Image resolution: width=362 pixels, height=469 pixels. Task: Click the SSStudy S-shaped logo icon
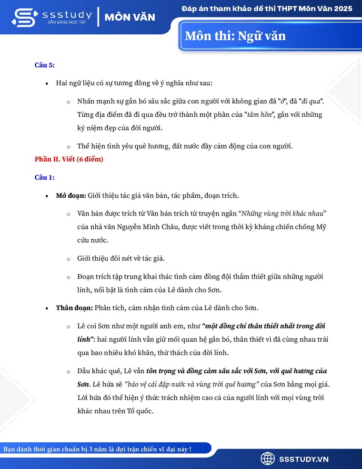23,17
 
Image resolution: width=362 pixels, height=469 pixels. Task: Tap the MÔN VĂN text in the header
130,17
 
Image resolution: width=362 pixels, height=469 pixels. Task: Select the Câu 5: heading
45,65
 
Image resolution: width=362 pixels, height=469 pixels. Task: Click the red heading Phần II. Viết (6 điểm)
69,159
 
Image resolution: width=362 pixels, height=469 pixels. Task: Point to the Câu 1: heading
45,177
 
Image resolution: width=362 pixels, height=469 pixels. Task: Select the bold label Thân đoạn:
74,308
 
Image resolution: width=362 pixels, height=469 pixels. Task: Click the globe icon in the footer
268,459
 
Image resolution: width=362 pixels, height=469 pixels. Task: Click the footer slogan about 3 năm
98,449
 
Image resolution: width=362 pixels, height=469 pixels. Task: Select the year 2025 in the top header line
342,9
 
